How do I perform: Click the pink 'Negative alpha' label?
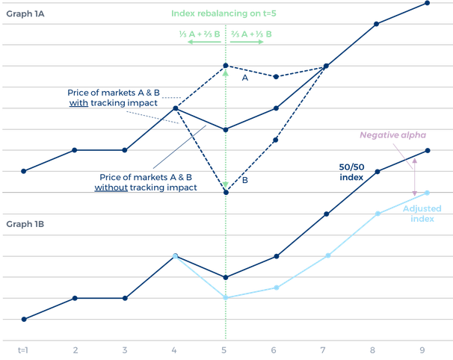tap(392, 135)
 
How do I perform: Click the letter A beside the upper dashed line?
tap(243, 76)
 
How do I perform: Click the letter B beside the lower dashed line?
tap(244, 180)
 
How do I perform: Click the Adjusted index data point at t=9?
tap(427, 193)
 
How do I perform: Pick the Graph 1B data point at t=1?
tap(24, 319)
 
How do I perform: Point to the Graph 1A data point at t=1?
tap(24, 171)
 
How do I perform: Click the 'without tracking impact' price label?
tap(147, 183)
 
